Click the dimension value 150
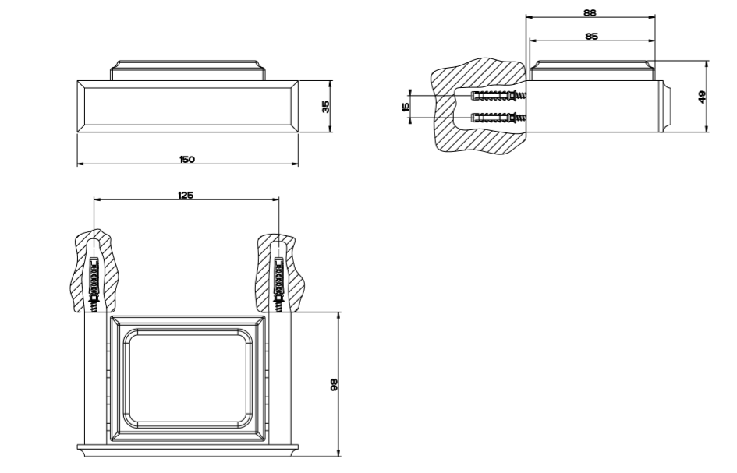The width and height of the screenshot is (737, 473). [x=186, y=159]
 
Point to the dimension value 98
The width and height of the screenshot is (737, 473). [x=334, y=384]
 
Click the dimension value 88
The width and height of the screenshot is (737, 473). [x=590, y=12]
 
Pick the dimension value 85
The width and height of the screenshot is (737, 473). [x=591, y=35]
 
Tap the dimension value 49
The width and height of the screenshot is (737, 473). [x=702, y=97]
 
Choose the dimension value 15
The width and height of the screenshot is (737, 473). [x=406, y=106]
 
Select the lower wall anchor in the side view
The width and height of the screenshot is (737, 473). [x=499, y=118]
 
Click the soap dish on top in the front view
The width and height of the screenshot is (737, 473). [x=187, y=69]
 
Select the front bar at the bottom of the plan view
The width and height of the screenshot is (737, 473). [x=187, y=450]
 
